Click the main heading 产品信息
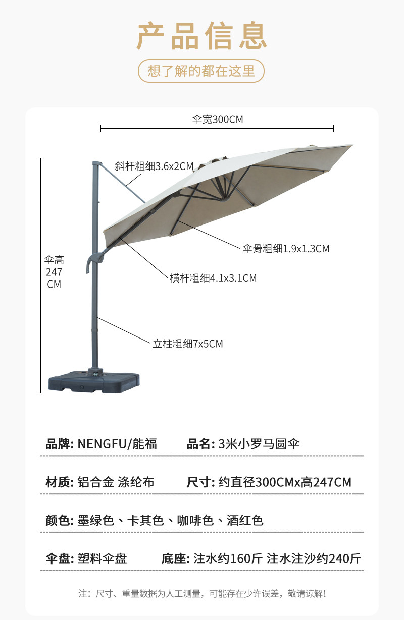201,36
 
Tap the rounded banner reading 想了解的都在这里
201,71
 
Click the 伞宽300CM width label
218,120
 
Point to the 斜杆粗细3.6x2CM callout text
155,166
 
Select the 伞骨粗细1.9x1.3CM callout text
286,248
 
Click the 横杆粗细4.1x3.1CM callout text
213,278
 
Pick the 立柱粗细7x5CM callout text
188,344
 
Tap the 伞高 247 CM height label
54,272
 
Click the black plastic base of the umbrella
93,381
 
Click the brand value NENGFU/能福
117,444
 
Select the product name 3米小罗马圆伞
259,444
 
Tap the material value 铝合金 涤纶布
116,482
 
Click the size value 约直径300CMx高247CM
284,482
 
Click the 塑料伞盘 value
102,558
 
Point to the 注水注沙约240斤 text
314,558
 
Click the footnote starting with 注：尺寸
202,594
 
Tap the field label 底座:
175,558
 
